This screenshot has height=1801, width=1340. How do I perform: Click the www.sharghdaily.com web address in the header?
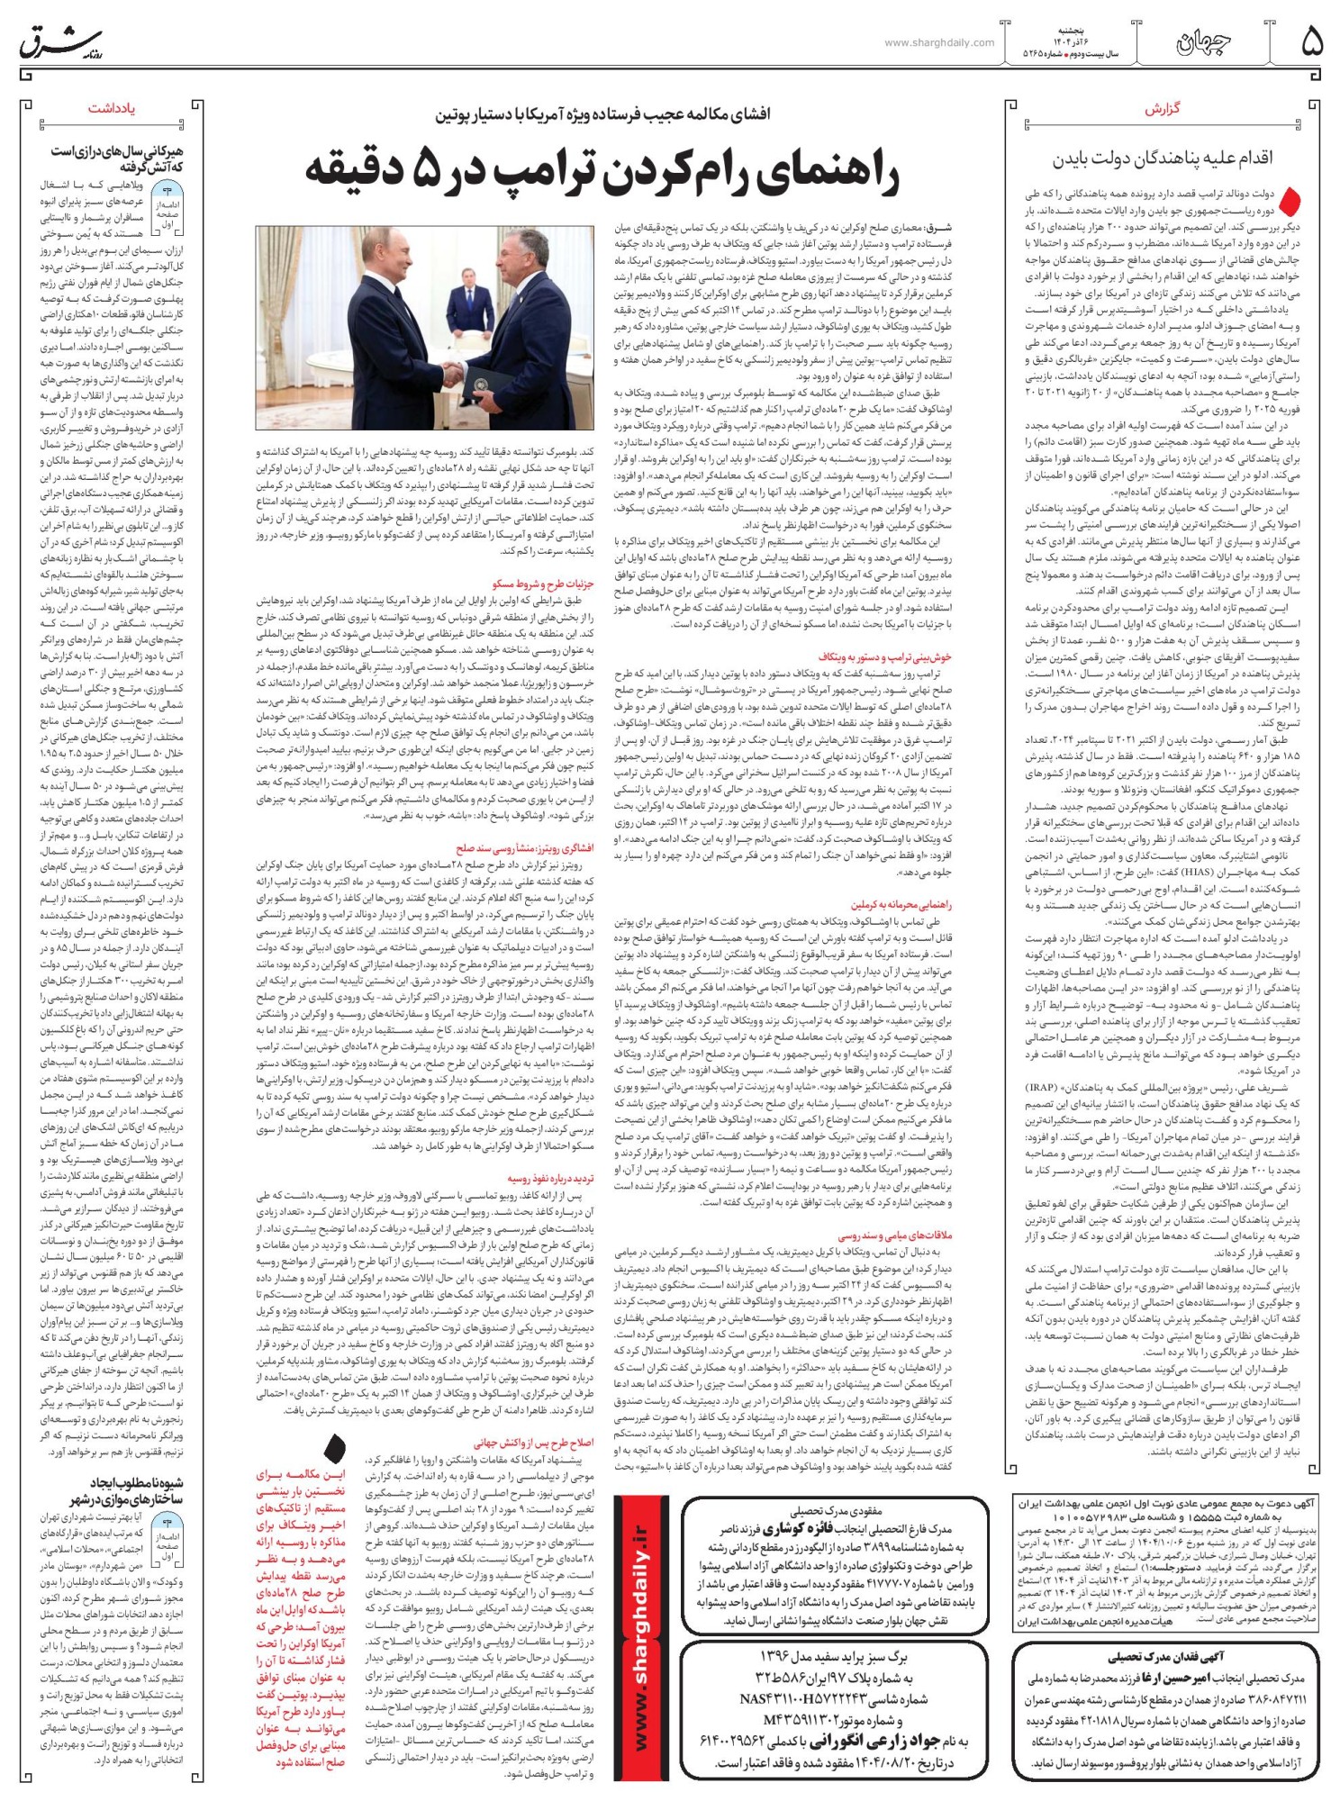click(x=939, y=42)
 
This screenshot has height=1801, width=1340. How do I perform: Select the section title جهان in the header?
click(x=1203, y=41)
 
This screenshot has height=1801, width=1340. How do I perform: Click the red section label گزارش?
click(x=1162, y=109)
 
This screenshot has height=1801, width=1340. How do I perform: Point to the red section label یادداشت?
click(x=112, y=108)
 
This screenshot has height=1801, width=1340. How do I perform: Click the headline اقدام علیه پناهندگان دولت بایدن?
click(x=1163, y=158)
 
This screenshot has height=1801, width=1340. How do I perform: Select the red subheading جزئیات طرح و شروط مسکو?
click(x=543, y=584)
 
